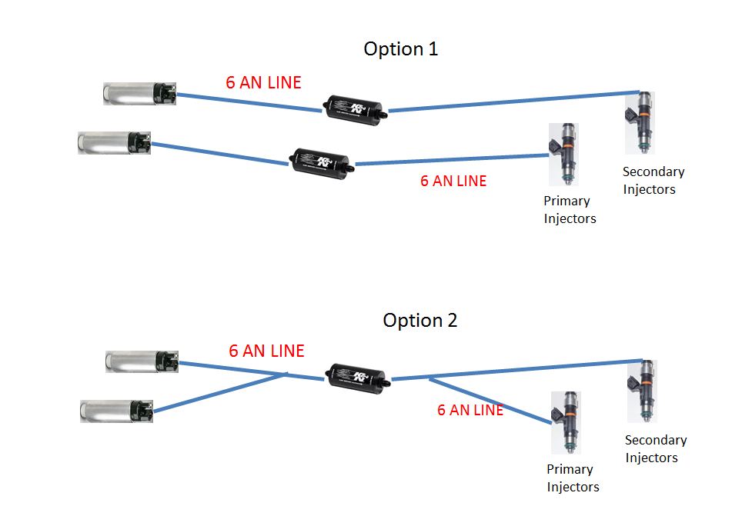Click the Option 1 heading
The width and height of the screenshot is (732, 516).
point(400,49)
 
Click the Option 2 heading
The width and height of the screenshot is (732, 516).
point(419,320)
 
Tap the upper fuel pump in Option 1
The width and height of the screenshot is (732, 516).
point(140,94)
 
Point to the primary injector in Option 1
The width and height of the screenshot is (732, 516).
point(563,155)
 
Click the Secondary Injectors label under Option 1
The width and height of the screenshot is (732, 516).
point(653,181)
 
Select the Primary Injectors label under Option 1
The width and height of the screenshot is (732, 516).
point(570,210)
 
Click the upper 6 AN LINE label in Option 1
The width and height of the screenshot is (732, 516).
point(263,82)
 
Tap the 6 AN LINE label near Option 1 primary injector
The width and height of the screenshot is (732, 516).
point(453,181)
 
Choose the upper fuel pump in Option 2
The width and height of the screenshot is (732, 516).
point(142,361)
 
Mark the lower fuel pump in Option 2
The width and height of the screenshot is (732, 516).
point(117,411)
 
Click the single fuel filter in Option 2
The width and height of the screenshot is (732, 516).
point(356,377)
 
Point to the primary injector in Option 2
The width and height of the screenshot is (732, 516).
point(566,422)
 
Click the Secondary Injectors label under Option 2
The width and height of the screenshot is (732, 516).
point(655,449)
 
